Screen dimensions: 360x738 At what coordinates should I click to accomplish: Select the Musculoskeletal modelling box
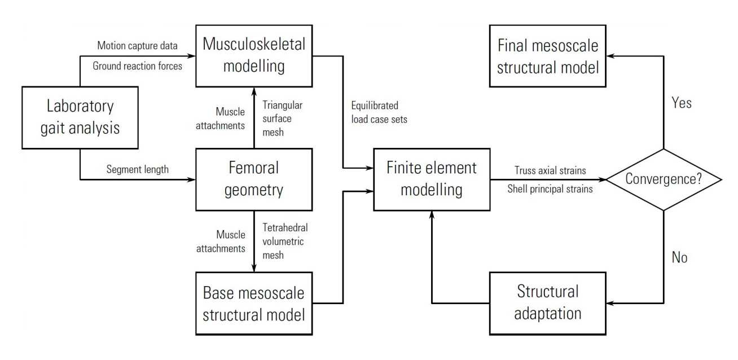(x=253, y=56)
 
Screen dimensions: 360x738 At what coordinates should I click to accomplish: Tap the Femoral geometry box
(x=253, y=179)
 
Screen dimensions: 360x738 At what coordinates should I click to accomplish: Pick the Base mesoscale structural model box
(x=253, y=304)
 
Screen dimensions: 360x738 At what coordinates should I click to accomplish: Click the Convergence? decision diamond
(x=664, y=179)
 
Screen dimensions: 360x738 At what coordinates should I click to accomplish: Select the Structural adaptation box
(x=547, y=302)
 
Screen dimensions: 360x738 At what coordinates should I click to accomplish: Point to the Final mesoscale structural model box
(x=547, y=56)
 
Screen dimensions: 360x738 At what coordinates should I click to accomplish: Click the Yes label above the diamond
(x=682, y=103)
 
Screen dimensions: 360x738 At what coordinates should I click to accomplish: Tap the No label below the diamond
(x=680, y=257)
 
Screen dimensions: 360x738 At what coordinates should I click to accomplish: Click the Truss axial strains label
(x=550, y=170)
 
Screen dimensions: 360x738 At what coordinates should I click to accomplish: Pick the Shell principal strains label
(x=550, y=189)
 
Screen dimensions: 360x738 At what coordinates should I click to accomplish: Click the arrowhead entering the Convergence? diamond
(x=601, y=179)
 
